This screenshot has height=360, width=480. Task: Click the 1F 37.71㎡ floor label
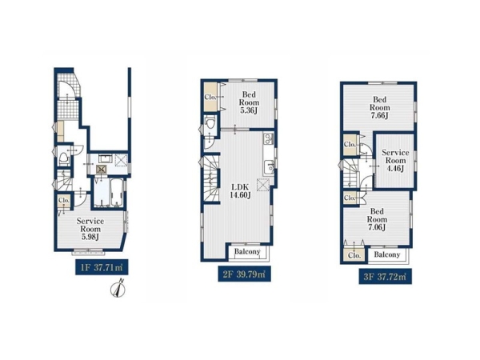102,267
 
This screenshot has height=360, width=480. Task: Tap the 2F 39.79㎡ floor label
244,274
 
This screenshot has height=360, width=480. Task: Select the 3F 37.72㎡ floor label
385,277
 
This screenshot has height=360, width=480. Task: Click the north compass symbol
118,288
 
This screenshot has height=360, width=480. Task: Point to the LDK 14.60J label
240,191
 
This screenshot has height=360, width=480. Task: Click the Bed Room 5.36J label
249,102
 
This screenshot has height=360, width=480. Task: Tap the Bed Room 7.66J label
379,107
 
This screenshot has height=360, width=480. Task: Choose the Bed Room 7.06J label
377,219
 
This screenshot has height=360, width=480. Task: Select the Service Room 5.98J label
90,229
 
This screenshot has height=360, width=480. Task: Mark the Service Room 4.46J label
395,160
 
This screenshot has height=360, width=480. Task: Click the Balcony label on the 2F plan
247,252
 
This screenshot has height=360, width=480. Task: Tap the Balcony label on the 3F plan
387,254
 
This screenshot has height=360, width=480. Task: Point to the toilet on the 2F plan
210,124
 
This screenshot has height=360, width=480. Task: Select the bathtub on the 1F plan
117,192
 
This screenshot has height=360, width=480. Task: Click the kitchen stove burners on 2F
269,138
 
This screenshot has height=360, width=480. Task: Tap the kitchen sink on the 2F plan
269,167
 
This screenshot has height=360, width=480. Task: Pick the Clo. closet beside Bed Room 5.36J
210,97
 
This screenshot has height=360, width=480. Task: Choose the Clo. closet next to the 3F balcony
354,255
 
